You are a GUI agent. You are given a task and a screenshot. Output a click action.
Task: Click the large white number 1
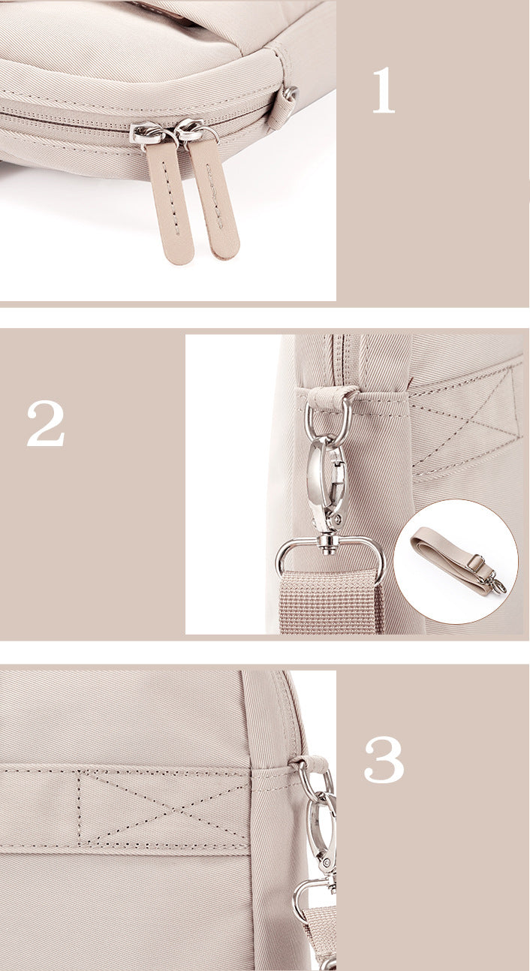click(384, 91)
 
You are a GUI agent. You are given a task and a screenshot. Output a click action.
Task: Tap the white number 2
click(46, 424)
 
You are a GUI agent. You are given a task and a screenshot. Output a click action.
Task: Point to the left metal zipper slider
click(147, 134)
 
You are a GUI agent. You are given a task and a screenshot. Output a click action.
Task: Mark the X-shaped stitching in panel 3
click(164, 807)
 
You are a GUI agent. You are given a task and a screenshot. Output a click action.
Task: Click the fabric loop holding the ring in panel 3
click(311, 764)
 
